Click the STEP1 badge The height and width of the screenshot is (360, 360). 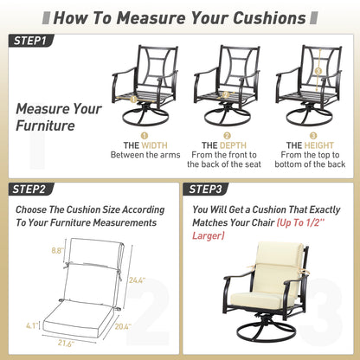pos(31,41)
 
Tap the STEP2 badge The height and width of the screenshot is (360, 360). pos(31,190)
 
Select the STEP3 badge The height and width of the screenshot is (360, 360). pos(206,190)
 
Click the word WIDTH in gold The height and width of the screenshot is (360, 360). pos(154,145)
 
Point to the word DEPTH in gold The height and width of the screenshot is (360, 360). pos(232,145)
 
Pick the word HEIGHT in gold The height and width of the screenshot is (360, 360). pos(318,145)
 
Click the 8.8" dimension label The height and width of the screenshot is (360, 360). pos(57,250)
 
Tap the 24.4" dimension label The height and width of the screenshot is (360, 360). pos(137,280)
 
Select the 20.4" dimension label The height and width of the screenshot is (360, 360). pos(123,326)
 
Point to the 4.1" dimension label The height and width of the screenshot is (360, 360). pos(32,325)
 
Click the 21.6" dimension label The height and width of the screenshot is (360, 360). pos(66,344)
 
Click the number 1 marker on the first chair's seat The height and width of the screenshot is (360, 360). pos(133,100)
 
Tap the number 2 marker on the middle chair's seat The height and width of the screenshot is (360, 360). pos(226,94)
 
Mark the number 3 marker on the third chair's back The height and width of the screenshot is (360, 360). pos(318,71)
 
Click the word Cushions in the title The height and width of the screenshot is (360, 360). pos(269,18)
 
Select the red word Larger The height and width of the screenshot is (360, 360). pos(208,235)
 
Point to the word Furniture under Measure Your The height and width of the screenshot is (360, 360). pos(45,125)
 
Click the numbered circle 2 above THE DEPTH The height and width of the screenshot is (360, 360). pos(227,135)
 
